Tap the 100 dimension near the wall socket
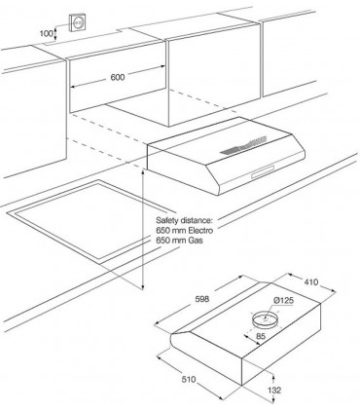point(46,33)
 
